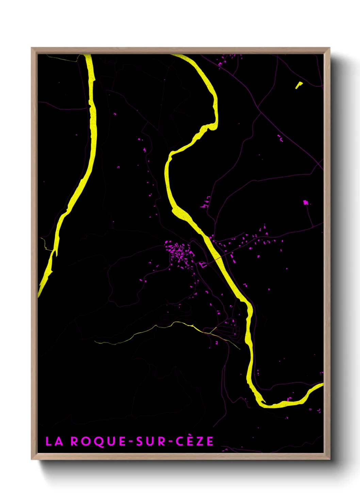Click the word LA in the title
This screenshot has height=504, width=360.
click(54, 441)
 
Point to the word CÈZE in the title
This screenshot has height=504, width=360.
click(195, 441)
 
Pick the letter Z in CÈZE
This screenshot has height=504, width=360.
click(200, 441)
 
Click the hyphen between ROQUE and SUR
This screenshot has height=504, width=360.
click(131, 442)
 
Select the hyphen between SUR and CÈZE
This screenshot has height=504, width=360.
click(170, 442)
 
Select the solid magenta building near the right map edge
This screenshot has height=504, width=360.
click(306, 203)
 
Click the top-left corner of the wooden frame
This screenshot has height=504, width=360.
click(32, 48)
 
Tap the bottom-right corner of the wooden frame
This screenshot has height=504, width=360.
click(329, 459)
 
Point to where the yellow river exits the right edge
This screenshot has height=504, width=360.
click(322, 385)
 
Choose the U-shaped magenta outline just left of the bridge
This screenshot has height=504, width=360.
click(203, 265)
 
